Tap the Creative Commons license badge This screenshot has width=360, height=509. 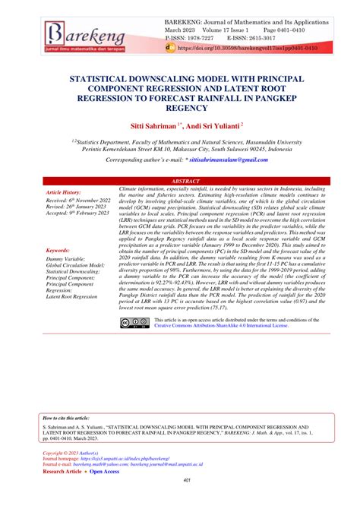pos(131,324)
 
